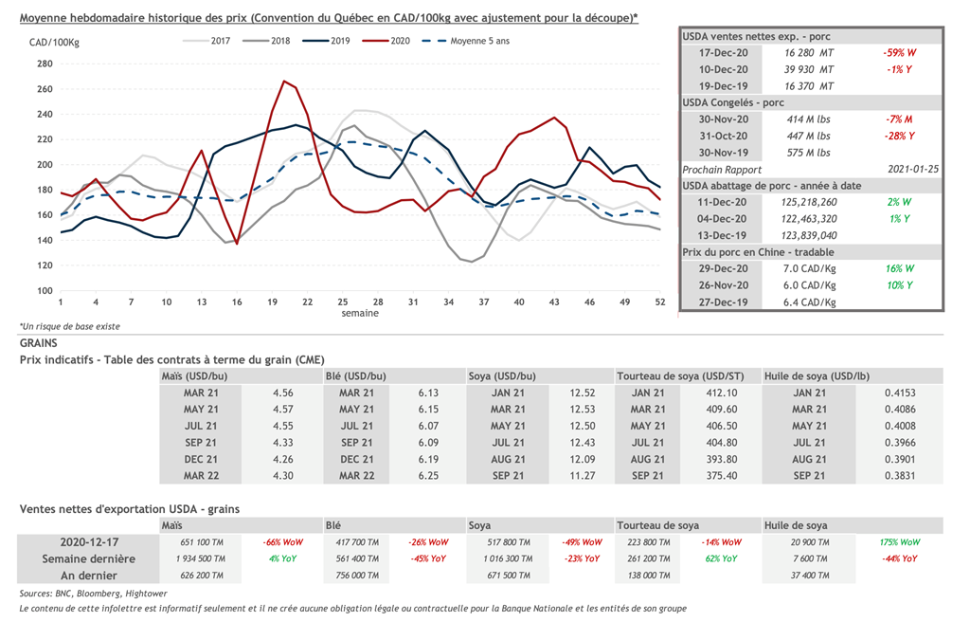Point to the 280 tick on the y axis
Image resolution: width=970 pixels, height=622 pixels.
[45, 64]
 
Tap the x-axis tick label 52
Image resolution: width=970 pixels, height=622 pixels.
[659, 302]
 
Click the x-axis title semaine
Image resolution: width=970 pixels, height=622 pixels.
[360, 313]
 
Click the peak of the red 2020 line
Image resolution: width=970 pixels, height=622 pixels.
[283, 82]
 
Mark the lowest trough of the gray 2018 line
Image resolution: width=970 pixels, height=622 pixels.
[472, 261]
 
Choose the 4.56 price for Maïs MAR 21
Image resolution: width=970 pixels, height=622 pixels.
[282, 393]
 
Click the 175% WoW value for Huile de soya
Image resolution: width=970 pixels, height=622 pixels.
[898, 542]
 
